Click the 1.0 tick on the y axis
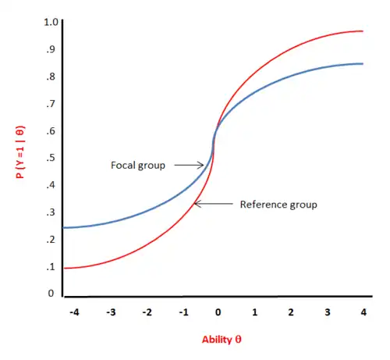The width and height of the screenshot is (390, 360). pyautogui.click(x=51, y=21)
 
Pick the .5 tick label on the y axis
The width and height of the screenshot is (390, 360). pyautogui.click(x=51, y=158)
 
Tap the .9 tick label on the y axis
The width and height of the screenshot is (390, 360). pyautogui.click(x=51, y=48)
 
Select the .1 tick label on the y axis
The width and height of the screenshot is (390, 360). pyautogui.click(x=51, y=267)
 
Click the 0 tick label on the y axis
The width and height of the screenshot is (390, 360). pyautogui.click(x=51, y=294)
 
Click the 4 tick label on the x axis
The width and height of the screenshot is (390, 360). pyautogui.click(x=362, y=312)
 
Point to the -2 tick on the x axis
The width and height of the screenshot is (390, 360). pyautogui.click(x=146, y=312)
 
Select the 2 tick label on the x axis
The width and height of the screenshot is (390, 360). pyautogui.click(x=289, y=312)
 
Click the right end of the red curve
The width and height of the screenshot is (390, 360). pyautogui.click(x=363, y=31)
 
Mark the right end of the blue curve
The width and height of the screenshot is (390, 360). pyautogui.click(x=363, y=64)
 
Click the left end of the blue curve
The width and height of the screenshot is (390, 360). pyautogui.click(x=64, y=227)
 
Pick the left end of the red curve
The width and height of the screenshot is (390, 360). pyautogui.click(x=64, y=268)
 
